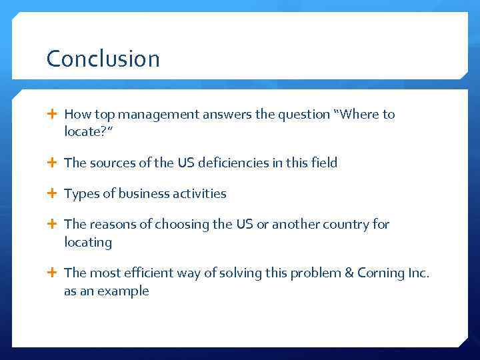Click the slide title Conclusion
pyautogui.click(x=103, y=59)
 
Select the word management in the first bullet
pyautogui.click(x=148, y=115)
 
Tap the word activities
pyautogui.click(x=198, y=194)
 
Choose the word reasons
pyautogui.click(x=111, y=225)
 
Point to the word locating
pyautogui.click(x=88, y=243)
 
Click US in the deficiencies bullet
pyautogui.click(x=187, y=163)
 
